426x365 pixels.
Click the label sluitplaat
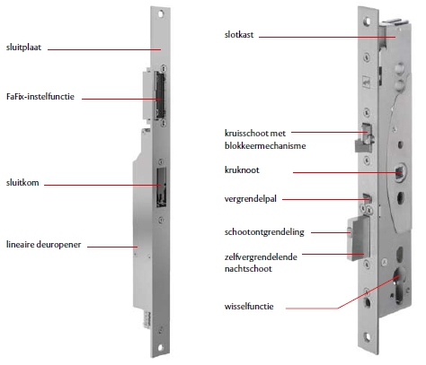(23, 48)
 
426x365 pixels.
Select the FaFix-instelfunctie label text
(40, 97)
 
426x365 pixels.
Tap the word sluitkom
(22, 183)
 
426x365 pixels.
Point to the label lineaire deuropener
(43, 245)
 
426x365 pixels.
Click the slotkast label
(239, 35)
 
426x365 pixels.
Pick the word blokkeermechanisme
(265, 146)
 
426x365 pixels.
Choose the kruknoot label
(242, 170)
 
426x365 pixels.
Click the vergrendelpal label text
(251, 199)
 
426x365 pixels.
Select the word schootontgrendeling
(264, 232)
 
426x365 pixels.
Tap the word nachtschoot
(248, 269)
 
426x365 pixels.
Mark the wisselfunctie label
(249, 307)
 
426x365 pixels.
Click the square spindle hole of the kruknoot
(399, 173)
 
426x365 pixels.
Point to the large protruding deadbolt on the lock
(359, 239)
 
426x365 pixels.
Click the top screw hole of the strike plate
(161, 13)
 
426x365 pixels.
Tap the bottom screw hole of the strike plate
(160, 348)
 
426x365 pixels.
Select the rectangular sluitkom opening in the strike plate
(161, 187)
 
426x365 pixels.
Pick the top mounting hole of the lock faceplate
(367, 22)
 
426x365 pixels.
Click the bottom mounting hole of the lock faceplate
(368, 337)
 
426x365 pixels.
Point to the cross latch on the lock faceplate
(364, 138)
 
